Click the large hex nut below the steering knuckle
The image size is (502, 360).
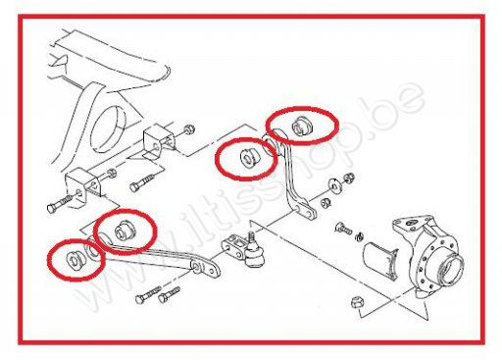click(358, 302)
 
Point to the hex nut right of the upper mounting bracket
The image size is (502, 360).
click(188, 129)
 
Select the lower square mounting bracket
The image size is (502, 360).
click(82, 187)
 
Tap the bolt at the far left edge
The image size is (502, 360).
click(60, 204)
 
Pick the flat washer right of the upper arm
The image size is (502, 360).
click(334, 186)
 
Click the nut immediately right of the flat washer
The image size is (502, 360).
click(349, 178)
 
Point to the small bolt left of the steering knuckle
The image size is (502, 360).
click(343, 229)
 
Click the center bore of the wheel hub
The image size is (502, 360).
click(452, 268)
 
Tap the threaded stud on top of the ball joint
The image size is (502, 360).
click(252, 237)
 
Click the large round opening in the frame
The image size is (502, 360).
click(108, 129)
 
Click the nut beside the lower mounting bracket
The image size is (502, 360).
click(111, 173)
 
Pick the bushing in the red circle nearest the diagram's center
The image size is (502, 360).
click(249, 158)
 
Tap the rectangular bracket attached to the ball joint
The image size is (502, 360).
click(233, 248)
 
